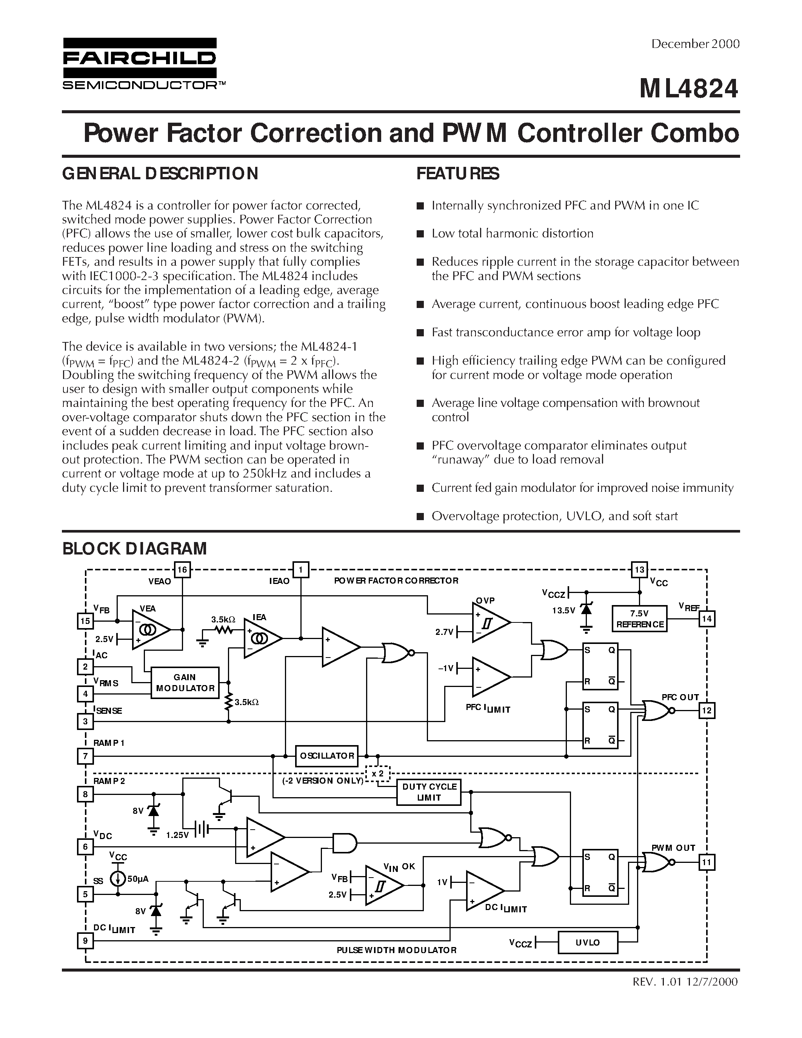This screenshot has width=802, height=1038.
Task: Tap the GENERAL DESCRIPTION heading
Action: point(160,174)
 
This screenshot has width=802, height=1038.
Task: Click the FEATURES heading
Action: point(457,174)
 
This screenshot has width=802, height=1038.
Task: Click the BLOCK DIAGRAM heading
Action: point(134,548)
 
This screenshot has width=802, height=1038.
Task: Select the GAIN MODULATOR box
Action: point(185,682)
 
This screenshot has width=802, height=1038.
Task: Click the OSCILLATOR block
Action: point(327,756)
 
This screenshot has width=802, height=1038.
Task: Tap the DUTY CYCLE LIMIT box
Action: point(429,792)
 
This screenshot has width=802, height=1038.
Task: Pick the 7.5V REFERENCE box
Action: point(639,619)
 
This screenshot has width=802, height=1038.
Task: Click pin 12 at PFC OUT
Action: point(707,710)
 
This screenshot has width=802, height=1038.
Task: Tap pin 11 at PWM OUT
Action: point(707,862)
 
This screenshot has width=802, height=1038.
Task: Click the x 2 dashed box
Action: point(378,774)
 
